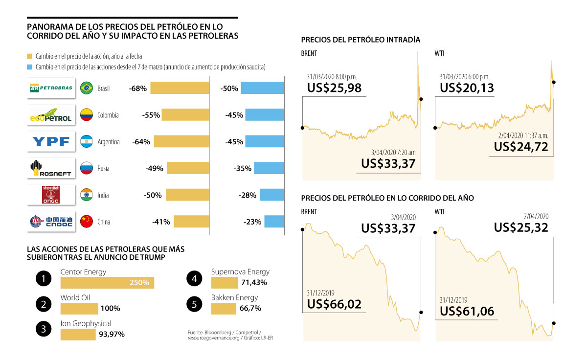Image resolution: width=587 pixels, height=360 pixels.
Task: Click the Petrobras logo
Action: pyautogui.click(x=51, y=89)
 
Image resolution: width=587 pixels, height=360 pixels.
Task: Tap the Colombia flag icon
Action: pyautogui.click(x=87, y=115)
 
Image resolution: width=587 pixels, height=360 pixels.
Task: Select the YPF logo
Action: pyautogui.click(x=51, y=142)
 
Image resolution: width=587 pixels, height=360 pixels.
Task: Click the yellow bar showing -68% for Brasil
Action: pyautogui.click(x=180, y=89)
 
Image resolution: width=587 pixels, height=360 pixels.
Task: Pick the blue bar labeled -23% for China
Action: pyautogui.click(x=274, y=222)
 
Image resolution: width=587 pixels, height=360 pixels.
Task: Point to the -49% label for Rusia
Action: pyautogui.click(x=154, y=169)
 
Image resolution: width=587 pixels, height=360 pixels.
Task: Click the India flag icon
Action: pyautogui.click(x=87, y=195)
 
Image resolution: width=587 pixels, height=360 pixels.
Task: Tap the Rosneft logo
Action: pyautogui.click(x=51, y=169)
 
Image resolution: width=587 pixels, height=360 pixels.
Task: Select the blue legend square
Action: pyautogui.click(x=30, y=67)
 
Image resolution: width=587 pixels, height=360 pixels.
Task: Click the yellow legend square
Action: pyautogui.click(x=30, y=57)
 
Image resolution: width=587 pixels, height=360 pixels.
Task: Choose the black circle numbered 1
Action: pyautogui.click(x=44, y=279)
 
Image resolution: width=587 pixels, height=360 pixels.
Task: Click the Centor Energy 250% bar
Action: pyautogui.click(x=107, y=283)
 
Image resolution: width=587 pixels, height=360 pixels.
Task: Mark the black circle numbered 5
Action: pyautogui.click(x=194, y=304)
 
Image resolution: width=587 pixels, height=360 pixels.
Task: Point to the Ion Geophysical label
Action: pyautogui.click(x=86, y=323)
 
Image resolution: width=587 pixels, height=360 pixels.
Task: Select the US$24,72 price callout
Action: pyautogui.click(x=521, y=146)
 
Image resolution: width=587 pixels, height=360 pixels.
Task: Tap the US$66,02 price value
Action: pyautogui.click(x=335, y=304)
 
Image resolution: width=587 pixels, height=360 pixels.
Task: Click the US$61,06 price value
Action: pyautogui.click(x=467, y=311)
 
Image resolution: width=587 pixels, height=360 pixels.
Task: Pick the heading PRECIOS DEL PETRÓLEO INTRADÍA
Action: pyautogui.click(x=361, y=40)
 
